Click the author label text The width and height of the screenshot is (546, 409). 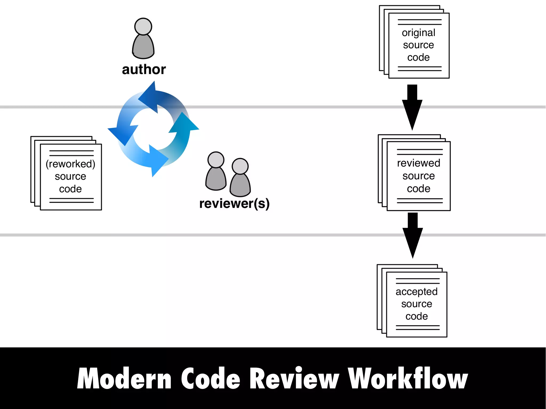pyautogui.click(x=144, y=70)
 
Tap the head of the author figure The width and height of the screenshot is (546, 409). pyautogui.click(x=143, y=26)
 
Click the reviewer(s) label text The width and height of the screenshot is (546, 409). pyautogui.click(x=234, y=204)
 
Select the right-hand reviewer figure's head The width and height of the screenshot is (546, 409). pyautogui.click(x=240, y=166)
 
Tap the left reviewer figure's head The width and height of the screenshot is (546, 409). pyautogui.click(x=216, y=160)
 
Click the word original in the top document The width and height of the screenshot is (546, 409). pyautogui.click(x=418, y=33)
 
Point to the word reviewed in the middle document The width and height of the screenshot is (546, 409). pyautogui.click(x=418, y=163)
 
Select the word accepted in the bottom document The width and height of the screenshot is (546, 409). pyautogui.click(x=416, y=292)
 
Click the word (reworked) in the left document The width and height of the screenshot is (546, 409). pyautogui.click(x=70, y=164)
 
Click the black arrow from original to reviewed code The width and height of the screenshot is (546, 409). pyautogui.click(x=412, y=107)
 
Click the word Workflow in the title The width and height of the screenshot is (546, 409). pyautogui.click(x=408, y=379)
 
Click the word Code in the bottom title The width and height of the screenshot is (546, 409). pyautogui.click(x=211, y=379)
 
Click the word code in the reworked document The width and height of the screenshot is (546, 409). pyautogui.click(x=70, y=189)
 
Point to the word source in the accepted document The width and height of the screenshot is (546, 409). pyautogui.click(x=416, y=304)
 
